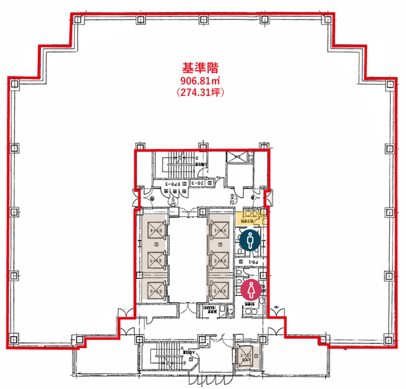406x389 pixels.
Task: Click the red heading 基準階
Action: [200, 68]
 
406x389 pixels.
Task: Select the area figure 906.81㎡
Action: [200, 81]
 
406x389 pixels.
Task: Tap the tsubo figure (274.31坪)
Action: [200, 92]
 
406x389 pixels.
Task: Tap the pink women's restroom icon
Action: [251, 290]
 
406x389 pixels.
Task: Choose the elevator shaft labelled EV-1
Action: [220, 230]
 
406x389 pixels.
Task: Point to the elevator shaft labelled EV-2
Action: [220, 261]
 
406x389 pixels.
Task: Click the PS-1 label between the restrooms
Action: [253, 262]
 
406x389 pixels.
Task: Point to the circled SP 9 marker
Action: [174, 201]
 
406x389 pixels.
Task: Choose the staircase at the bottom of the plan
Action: [166, 355]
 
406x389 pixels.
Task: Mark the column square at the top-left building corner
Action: [77, 20]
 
